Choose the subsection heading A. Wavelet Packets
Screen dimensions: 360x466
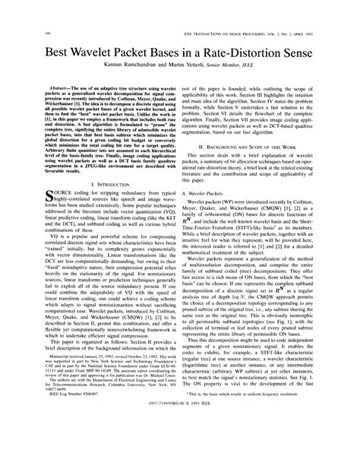[x=210, y=194]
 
